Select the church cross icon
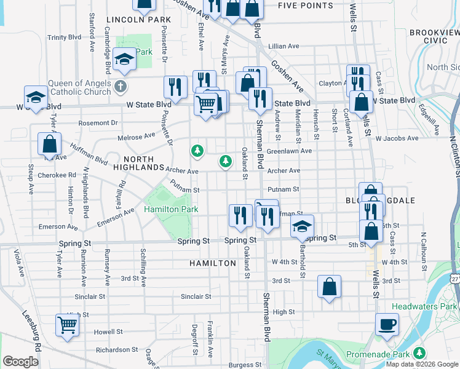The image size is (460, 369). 121,87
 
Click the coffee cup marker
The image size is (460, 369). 387,324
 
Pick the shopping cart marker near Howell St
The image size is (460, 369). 67,325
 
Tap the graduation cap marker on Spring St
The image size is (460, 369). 302,226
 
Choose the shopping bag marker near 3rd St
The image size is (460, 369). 330,287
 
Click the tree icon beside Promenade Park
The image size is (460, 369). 419,353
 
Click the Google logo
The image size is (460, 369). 20,362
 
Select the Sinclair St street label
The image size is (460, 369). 196,296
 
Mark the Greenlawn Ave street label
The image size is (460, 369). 289,151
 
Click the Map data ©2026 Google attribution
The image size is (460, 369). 421,364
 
